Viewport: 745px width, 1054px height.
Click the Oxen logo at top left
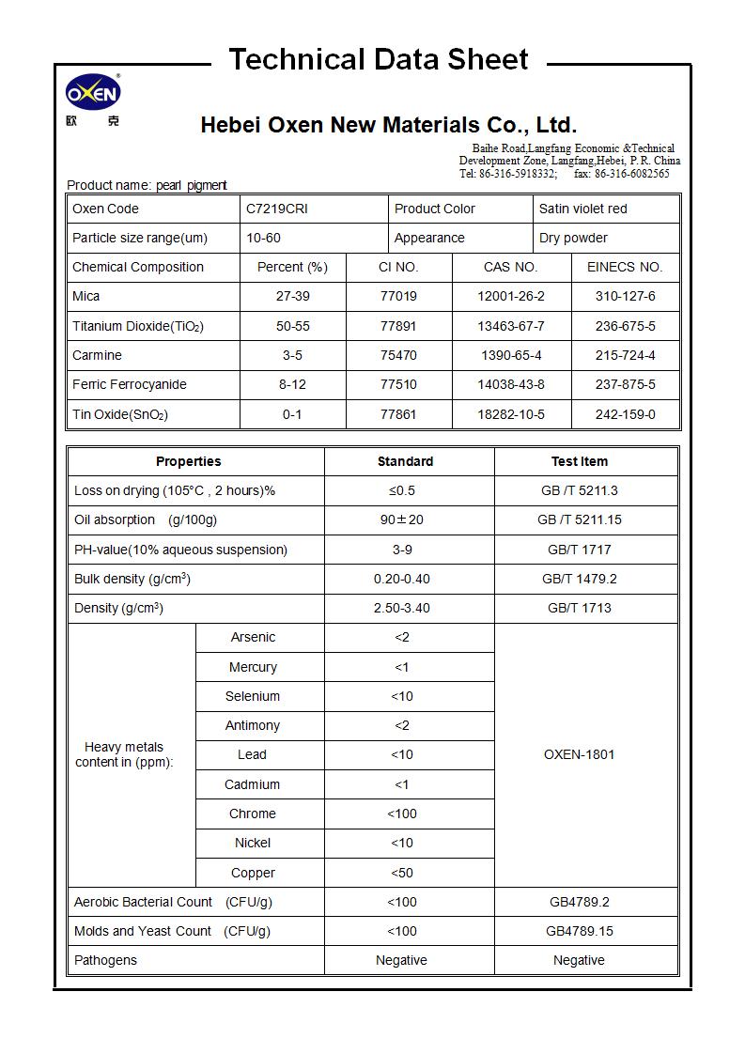click(92, 94)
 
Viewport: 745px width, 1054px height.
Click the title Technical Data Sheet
click(379, 60)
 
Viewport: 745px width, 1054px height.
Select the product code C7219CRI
click(276, 209)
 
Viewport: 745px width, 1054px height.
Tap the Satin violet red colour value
click(582, 209)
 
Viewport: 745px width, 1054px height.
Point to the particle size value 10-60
click(263, 238)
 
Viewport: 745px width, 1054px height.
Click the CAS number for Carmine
click(510, 355)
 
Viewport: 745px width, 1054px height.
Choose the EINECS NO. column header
click(625, 267)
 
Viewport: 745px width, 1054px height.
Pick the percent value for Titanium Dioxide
click(292, 326)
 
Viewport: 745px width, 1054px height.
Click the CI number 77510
click(398, 384)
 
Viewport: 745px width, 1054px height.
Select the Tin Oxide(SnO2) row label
click(120, 414)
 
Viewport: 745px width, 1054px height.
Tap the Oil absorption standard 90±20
click(401, 519)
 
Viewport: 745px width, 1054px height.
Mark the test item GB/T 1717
click(579, 550)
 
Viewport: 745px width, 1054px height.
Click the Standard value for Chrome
click(401, 814)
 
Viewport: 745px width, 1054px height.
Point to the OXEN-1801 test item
click(579, 754)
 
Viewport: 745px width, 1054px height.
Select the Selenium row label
click(253, 696)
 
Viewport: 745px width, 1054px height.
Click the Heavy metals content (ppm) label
click(124, 754)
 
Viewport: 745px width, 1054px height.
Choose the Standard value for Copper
click(401, 873)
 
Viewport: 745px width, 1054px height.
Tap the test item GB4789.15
click(579, 931)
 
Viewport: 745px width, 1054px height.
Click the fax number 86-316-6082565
click(632, 174)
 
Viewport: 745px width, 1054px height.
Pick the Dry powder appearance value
click(573, 238)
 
